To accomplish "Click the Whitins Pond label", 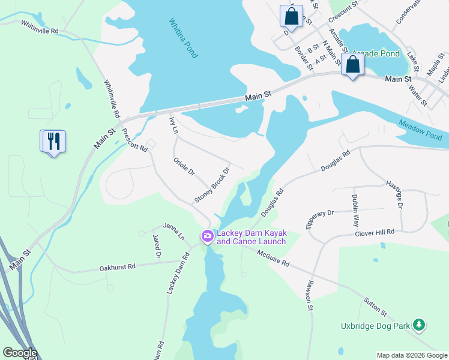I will [183, 38].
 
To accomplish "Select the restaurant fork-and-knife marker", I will [54, 142].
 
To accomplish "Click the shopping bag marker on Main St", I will [353, 65].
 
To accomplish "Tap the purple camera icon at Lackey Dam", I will [208, 237].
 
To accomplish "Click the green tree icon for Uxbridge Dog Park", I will [419, 326].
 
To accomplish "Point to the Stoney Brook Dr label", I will [212, 184].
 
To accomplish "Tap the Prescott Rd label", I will [134, 140].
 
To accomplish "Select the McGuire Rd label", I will [273, 259].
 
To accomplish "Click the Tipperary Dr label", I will [319, 220].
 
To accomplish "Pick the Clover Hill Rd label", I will [374, 232].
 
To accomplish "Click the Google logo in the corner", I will [19, 353].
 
